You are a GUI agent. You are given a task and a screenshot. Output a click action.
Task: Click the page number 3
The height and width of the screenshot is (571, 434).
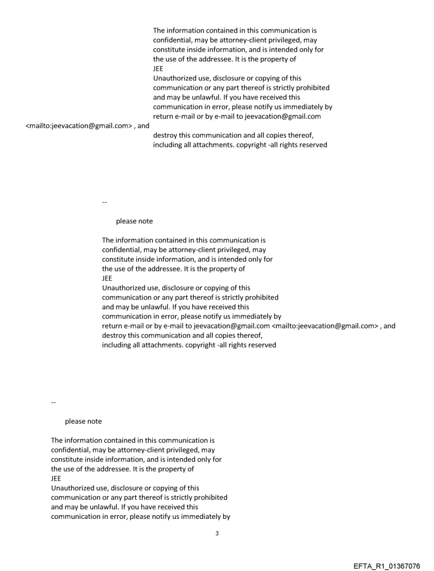[x=216, y=533]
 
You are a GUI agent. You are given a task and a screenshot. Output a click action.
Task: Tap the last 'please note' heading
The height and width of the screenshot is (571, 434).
[x=83, y=421]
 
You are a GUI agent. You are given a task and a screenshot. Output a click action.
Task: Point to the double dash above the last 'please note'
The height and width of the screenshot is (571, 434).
[x=53, y=402]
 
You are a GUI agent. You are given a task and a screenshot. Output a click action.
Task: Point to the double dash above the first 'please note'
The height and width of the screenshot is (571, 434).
[x=104, y=202]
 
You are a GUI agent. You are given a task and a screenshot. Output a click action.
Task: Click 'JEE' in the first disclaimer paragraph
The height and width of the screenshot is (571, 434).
[x=158, y=69]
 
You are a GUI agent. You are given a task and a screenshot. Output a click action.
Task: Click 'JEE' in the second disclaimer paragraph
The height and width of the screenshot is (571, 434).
[x=107, y=278]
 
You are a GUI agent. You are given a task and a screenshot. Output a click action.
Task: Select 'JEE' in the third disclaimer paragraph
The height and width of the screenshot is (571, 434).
[x=56, y=478]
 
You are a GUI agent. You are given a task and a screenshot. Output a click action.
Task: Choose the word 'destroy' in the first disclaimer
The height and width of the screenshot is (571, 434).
[x=165, y=136]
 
